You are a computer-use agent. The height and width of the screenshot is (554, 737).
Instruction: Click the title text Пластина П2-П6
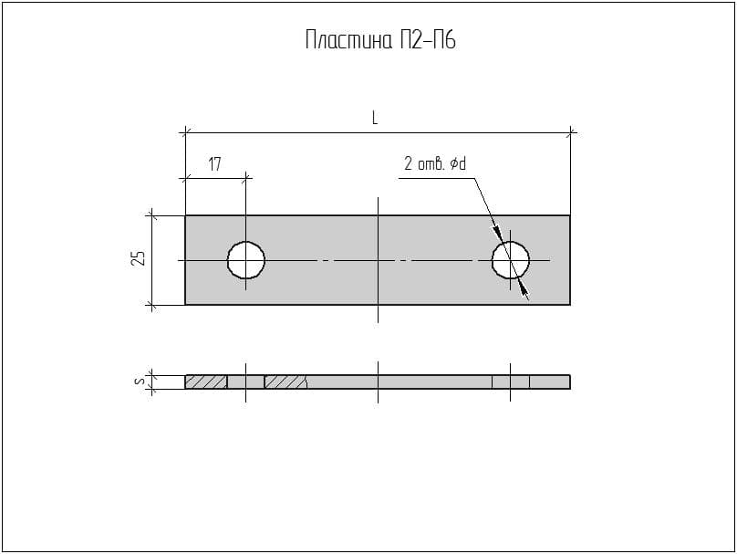tap(379, 40)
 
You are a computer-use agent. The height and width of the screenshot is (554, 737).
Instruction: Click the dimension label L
tap(375, 118)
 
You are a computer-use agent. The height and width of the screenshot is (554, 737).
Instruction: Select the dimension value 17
tap(214, 164)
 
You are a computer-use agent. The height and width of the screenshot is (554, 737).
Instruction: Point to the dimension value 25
tap(138, 259)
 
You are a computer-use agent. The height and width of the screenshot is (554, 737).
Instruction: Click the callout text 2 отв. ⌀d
tap(435, 164)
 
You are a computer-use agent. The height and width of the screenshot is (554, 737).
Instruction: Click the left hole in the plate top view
tap(246, 260)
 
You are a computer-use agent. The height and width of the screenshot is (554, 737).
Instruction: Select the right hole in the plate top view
tap(511, 260)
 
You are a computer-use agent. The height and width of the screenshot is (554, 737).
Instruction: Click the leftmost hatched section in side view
tap(206, 382)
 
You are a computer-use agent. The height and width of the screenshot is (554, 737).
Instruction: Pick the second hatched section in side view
tap(285, 382)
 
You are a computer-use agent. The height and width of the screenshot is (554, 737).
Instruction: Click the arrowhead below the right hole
tap(524, 289)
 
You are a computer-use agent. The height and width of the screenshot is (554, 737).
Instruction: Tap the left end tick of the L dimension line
tap(185, 133)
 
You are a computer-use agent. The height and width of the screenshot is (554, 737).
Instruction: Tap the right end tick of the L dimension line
tap(571, 133)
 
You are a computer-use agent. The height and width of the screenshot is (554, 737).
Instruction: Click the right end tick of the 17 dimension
tap(246, 178)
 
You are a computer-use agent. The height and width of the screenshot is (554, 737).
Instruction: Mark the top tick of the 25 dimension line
tap(152, 216)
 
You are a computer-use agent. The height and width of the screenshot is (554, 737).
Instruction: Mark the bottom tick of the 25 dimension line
tap(152, 304)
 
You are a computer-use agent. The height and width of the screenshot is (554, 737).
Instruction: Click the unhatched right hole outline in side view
tap(511, 382)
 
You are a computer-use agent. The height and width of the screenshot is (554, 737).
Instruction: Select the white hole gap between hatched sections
tap(246, 382)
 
